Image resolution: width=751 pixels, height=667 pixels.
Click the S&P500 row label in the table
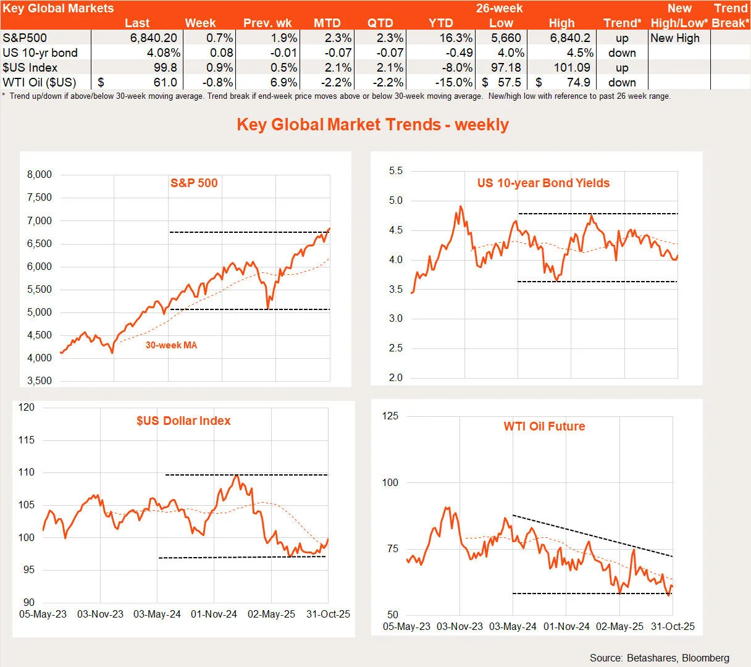(x=25, y=38)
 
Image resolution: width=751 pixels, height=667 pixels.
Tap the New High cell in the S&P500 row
(x=675, y=38)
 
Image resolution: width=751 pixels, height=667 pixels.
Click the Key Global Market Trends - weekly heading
(x=372, y=124)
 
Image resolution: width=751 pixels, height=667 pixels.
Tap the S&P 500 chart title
(x=194, y=183)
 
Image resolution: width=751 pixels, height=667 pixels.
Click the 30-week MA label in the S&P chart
(x=171, y=345)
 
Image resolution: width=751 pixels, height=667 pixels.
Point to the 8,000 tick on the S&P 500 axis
(x=40, y=175)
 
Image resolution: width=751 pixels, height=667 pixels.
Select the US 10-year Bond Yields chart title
(x=543, y=183)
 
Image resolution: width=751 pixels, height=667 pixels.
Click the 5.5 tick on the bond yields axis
(x=395, y=171)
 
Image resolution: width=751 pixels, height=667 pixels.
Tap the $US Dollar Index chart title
(x=183, y=421)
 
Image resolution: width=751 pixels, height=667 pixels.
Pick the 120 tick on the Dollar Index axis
(x=27, y=408)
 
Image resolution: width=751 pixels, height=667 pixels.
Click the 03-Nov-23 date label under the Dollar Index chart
(x=100, y=614)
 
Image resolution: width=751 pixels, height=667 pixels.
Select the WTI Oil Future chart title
(x=544, y=426)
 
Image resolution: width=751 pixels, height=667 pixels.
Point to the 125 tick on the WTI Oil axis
(x=390, y=416)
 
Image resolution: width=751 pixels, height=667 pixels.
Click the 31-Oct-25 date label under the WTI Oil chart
(x=673, y=626)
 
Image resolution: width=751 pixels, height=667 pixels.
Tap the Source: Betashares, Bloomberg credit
(x=659, y=658)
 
